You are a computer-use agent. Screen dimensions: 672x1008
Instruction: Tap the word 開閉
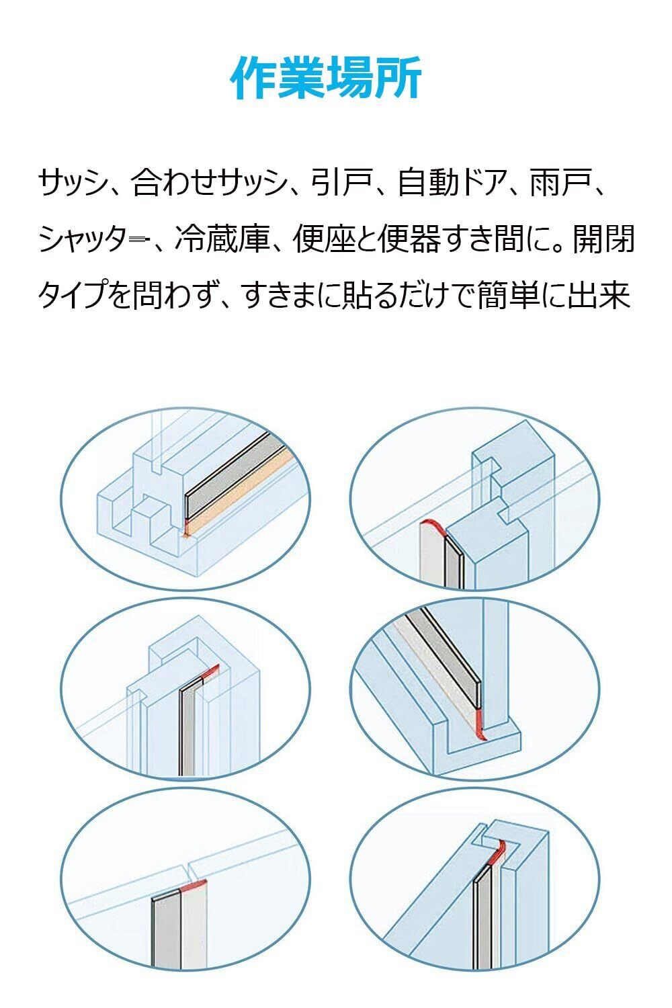click(x=603, y=239)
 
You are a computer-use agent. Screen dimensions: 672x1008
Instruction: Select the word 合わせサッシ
click(x=209, y=183)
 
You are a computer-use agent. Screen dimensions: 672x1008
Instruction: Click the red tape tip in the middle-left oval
click(x=212, y=671)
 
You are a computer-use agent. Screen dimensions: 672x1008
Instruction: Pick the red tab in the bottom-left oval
click(x=194, y=886)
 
